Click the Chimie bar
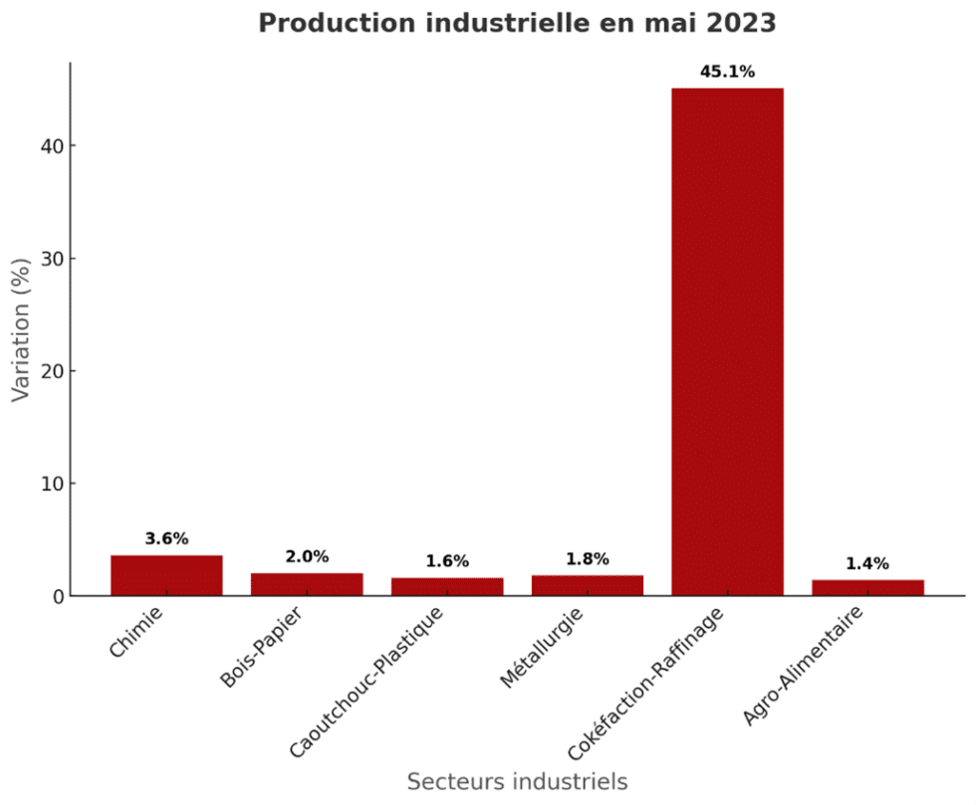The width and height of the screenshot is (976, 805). click(x=166, y=576)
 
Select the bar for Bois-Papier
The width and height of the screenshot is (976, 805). click(x=307, y=585)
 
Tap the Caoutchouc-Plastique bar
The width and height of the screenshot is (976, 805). click(x=447, y=587)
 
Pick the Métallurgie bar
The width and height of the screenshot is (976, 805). click(x=588, y=586)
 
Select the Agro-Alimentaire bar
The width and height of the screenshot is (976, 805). click(x=867, y=588)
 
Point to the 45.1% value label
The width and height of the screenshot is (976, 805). click(x=727, y=72)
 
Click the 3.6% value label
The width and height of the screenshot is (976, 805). click(x=166, y=538)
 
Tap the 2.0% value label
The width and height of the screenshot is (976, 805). click(x=307, y=556)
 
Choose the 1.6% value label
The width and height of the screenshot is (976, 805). click(x=447, y=561)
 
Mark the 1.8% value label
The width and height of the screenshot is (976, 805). click(x=588, y=559)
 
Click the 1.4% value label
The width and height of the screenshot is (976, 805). click(x=867, y=563)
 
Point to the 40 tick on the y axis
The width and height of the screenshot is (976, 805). click(x=48, y=146)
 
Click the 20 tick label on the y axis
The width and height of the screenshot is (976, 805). click(x=48, y=371)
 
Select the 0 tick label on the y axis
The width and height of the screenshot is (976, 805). click(x=54, y=596)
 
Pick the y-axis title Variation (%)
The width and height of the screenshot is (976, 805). click(x=21, y=328)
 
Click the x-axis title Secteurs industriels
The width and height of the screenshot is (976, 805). click(x=517, y=781)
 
